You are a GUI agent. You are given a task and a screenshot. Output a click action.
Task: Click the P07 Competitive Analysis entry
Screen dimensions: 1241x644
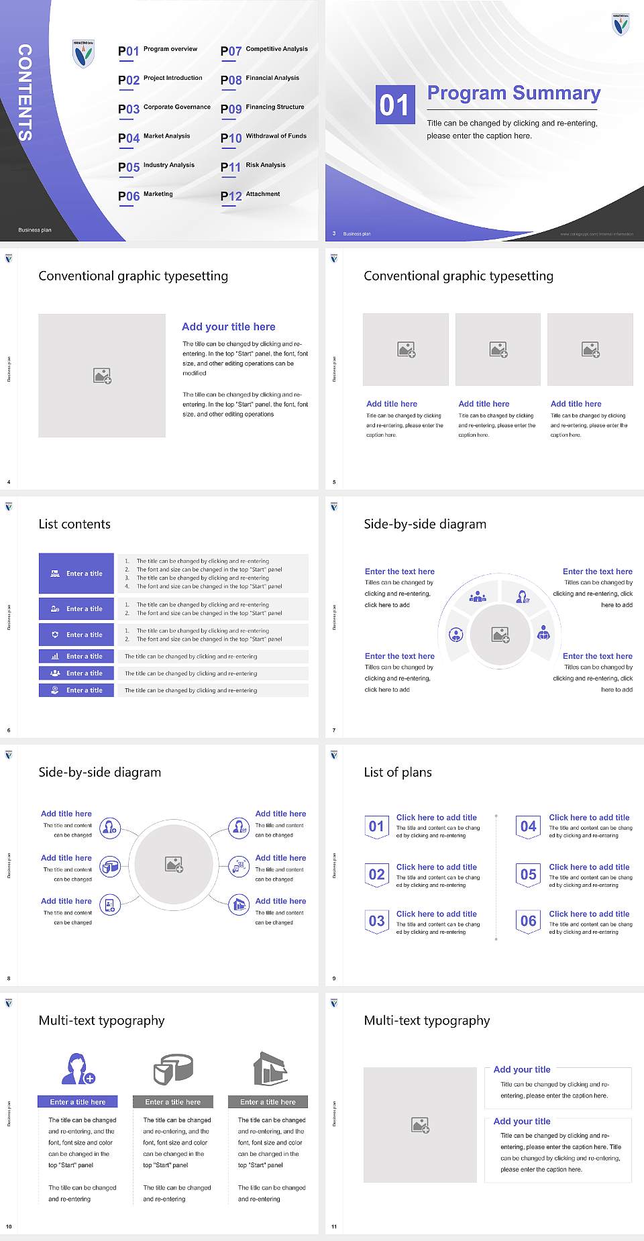coord(264,50)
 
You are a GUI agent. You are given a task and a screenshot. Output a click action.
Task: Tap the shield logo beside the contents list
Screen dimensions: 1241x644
coord(83,54)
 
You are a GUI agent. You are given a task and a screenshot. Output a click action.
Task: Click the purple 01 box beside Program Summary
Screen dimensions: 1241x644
coord(394,105)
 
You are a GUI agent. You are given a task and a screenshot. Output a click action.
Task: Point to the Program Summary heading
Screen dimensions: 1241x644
coord(513,93)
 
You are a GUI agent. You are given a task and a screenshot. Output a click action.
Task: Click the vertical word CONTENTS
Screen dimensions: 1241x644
coord(25,93)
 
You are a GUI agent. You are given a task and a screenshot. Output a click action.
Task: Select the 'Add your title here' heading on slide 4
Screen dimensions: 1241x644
coord(228,327)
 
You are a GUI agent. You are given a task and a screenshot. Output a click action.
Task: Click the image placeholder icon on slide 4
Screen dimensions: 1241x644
coord(102,376)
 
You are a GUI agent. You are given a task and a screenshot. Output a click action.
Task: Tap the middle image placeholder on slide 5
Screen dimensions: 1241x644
coord(498,349)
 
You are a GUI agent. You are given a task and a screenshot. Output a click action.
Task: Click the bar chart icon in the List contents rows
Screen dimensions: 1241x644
coord(55,657)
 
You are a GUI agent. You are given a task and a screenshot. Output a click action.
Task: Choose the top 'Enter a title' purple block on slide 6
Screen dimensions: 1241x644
coord(76,574)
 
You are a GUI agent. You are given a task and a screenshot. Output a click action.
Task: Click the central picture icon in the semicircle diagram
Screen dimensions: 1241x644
coord(500,635)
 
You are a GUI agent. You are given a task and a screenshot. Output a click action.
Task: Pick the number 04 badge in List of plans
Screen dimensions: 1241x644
coord(528,826)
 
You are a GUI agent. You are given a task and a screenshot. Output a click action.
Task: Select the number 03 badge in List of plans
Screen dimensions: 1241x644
coord(376,922)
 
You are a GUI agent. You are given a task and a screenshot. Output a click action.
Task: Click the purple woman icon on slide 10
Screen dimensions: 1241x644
coord(77,1069)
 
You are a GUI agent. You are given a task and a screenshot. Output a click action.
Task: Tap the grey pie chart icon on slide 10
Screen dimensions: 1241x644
coord(173,1069)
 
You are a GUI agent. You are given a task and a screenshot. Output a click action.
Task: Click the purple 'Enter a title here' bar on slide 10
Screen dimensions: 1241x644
coord(77,1101)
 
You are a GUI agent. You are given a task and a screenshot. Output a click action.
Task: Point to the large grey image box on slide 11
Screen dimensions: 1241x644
coord(420,1124)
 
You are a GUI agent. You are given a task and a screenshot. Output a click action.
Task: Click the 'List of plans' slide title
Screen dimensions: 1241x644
coord(398,772)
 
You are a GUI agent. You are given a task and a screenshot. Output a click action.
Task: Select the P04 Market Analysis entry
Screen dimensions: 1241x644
coord(154,138)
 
